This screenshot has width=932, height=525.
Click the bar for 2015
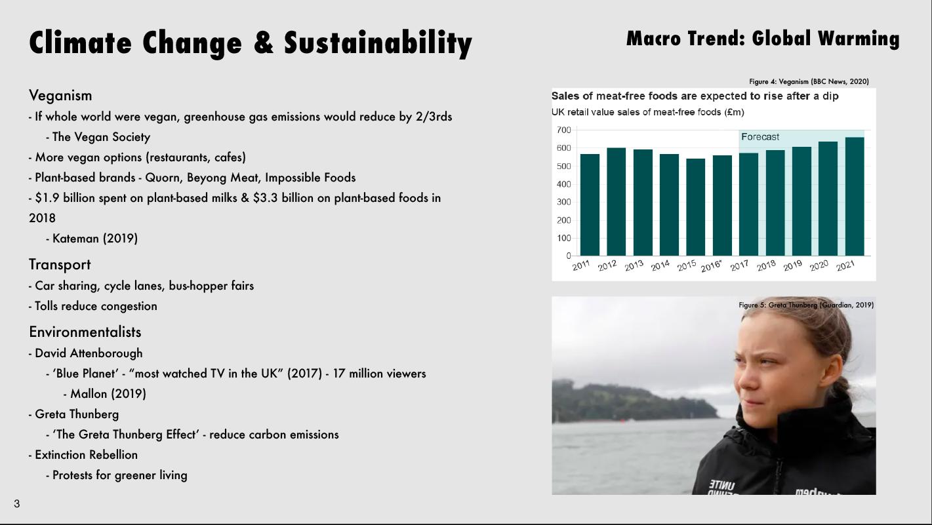point(696,207)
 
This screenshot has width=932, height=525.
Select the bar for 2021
point(855,196)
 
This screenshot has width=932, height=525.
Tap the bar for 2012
point(617,202)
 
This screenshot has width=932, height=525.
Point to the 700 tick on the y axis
point(564,130)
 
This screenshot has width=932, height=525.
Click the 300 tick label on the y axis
point(564,202)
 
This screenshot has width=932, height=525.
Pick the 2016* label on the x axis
point(711,266)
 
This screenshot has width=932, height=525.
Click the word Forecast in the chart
point(760,137)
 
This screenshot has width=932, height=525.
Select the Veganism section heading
point(60,96)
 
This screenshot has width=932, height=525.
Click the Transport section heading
point(60,264)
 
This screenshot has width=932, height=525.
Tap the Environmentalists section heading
point(85,332)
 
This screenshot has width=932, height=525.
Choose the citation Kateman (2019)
point(95,239)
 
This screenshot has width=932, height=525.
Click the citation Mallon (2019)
point(108,394)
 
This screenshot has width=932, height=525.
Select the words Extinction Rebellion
point(86,455)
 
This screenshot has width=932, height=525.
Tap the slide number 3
point(16,504)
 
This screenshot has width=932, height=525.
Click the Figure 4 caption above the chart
point(809,81)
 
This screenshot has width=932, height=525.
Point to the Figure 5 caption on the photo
point(806,305)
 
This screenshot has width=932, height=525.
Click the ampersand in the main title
point(264,43)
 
